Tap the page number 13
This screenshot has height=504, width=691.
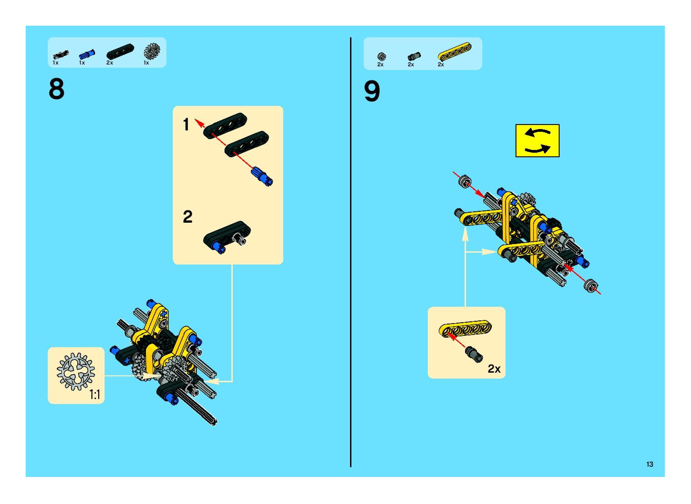pos(649,464)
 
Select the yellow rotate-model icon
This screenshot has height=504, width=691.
pos(537,140)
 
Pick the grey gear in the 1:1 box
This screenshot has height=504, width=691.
pos(76,371)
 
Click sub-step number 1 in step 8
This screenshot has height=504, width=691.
pos(186,125)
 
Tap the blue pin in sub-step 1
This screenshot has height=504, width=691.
pos(262,176)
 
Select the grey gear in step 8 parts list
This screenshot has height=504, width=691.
pos(152,51)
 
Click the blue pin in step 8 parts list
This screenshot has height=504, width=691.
pos(87,54)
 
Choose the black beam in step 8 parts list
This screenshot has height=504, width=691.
pos(120,51)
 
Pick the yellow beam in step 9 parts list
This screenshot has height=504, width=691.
pos(454,51)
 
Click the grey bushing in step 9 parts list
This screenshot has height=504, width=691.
pos(381,56)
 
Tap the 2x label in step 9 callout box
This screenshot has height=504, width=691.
pos(494,369)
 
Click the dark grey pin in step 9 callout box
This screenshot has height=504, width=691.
pos(474,355)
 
